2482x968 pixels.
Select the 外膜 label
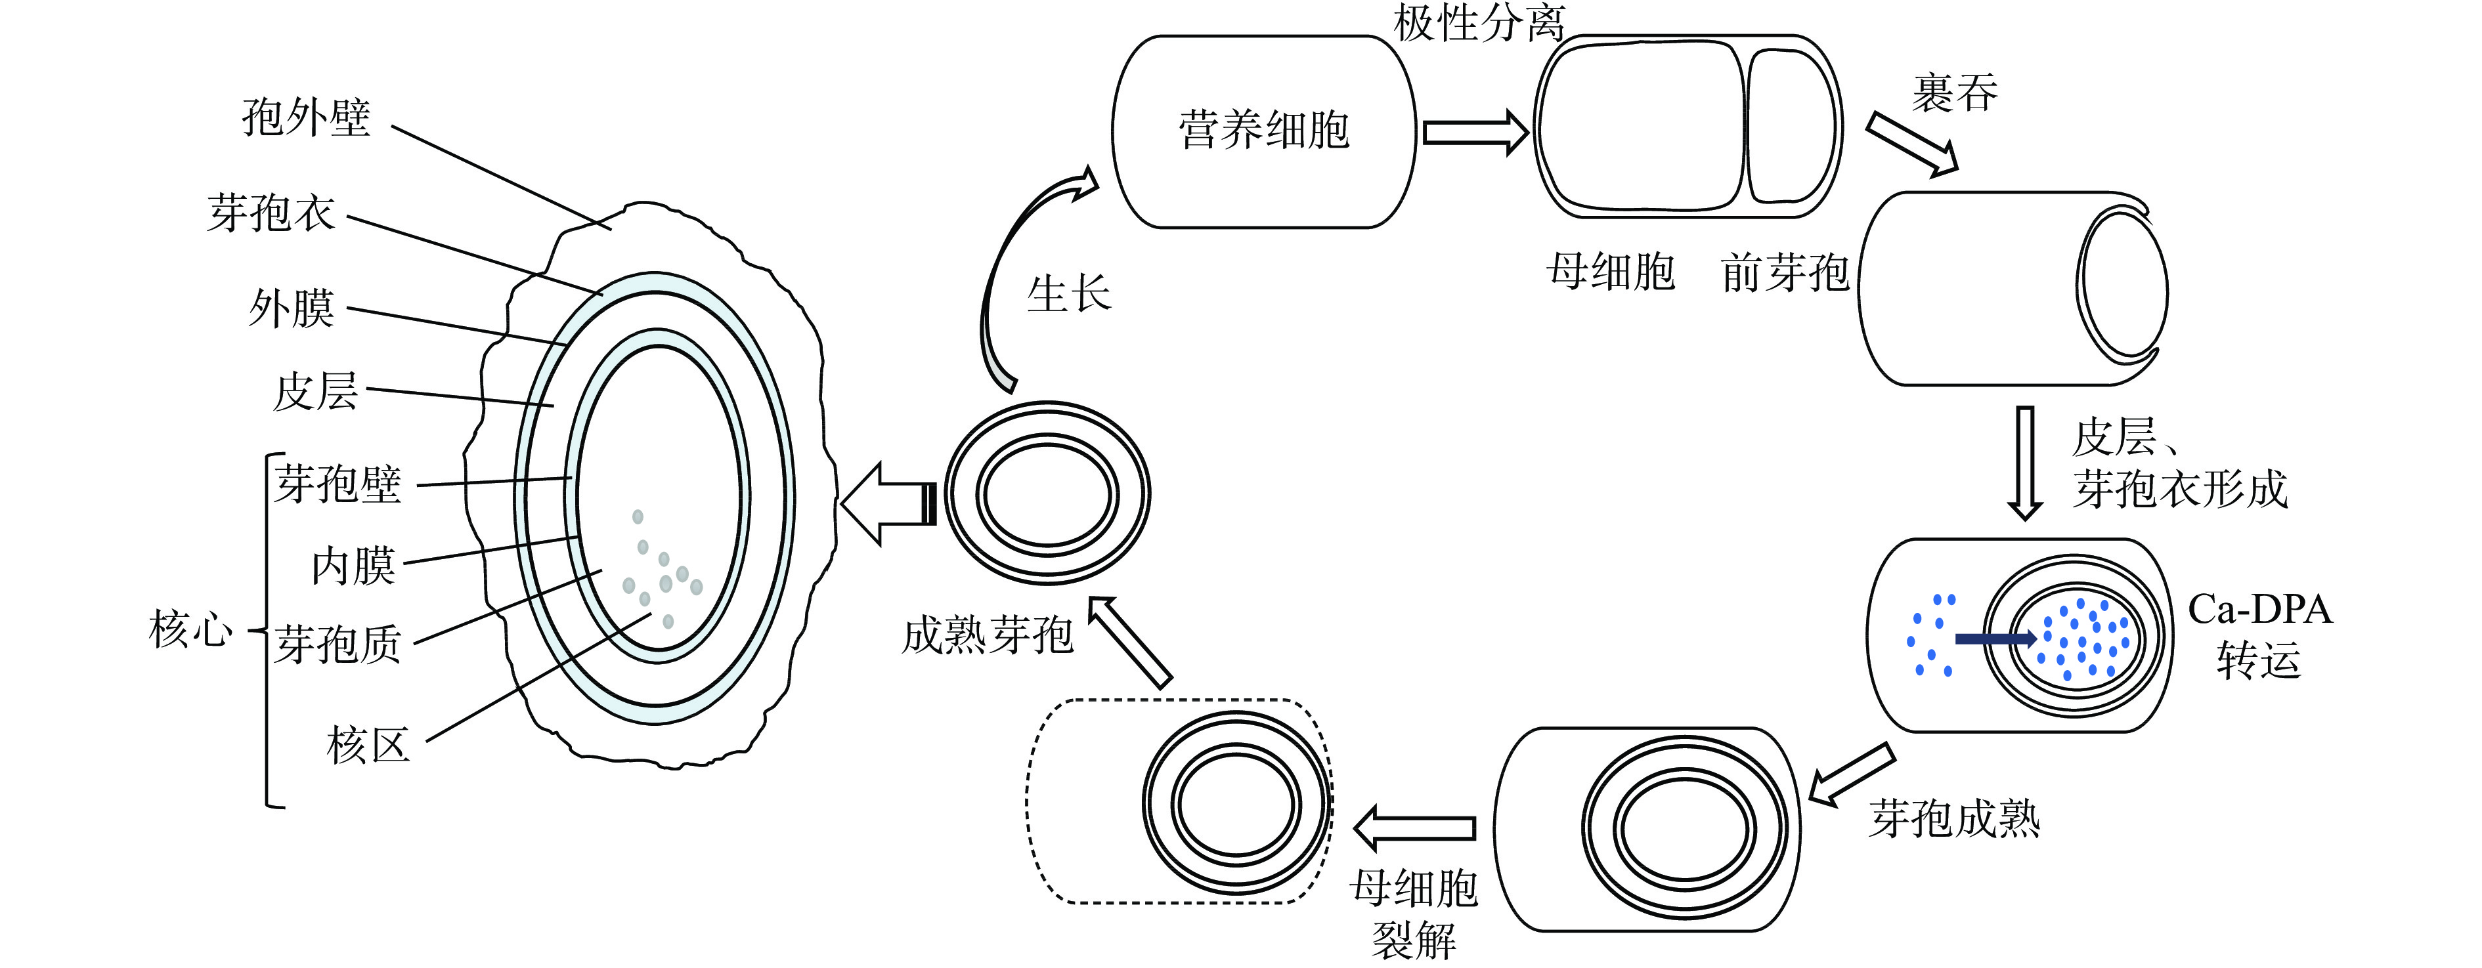coord(291,309)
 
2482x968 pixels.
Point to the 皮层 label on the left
coord(315,392)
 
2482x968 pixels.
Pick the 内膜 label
coord(353,566)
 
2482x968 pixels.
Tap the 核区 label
coord(368,746)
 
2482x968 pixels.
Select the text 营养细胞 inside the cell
coord(1263,130)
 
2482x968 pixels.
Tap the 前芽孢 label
coord(1785,272)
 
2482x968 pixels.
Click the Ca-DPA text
coord(2259,610)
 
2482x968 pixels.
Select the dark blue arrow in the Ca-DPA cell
coord(1995,639)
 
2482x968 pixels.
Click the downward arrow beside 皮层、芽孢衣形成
coord(2024,462)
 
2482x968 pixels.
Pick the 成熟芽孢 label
coord(987,636)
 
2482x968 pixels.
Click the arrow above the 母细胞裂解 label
coord(1414,828)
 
